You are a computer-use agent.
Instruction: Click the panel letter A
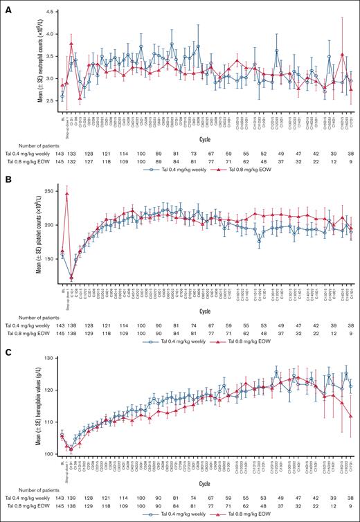pos(6,6)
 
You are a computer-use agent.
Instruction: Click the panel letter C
pos(6,353)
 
